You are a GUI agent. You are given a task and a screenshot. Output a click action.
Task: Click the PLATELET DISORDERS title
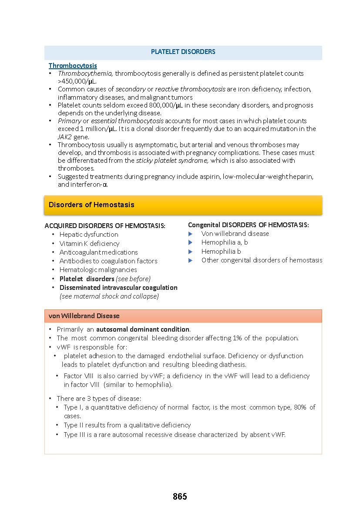pos(183,52)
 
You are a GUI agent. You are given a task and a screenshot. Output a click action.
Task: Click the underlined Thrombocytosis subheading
pos(73,66)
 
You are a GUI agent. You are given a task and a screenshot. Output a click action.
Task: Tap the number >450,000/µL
pos(77,81)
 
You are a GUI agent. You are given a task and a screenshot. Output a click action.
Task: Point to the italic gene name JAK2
pos(65,137)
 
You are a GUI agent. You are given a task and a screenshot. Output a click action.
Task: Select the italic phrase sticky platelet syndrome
pos(172,160)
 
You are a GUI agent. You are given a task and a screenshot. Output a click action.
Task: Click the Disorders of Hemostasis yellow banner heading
pos(91,205)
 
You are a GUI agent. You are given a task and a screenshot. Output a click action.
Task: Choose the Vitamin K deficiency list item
pos(89,243)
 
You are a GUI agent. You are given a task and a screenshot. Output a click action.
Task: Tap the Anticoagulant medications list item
pos(98,252)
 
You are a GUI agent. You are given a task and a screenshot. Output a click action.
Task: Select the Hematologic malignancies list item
pos(98,270)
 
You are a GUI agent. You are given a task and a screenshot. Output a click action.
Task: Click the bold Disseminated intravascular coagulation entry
pos(118,287)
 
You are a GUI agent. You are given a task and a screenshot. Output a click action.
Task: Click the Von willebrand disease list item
pos(235,234)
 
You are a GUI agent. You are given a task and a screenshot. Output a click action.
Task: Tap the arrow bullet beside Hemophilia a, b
pos(190,243)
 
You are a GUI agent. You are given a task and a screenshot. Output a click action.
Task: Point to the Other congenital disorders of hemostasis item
pos(262,260)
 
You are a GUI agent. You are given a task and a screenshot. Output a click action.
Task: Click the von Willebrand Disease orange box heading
pos(84,316)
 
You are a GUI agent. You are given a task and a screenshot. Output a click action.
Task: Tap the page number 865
pos(180,497)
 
